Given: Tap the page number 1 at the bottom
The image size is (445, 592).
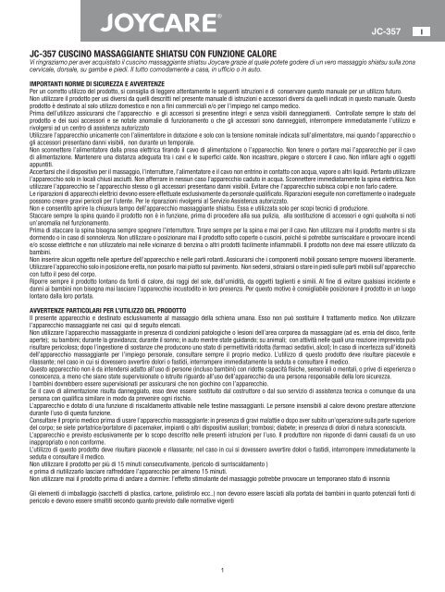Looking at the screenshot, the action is click(x=223, y=570).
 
